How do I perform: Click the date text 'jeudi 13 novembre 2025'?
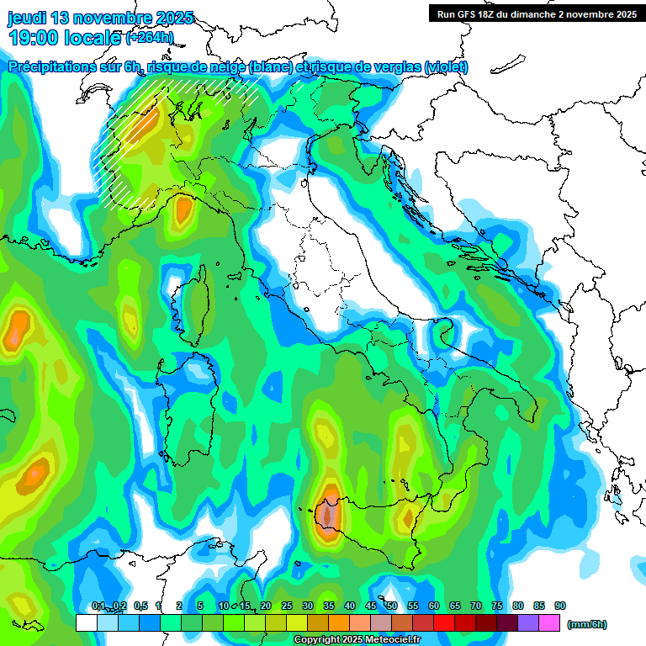point(100,18)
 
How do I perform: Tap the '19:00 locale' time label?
point(65,37)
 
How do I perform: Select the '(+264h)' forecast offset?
point(150,37)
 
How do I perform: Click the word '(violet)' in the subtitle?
point(447,66)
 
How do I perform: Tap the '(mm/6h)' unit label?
point(587,624)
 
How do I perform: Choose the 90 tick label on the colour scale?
point(560,606)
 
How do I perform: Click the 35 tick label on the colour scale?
point(329,606)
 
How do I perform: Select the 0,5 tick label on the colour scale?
point(140,606)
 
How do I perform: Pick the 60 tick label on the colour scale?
point(434,606)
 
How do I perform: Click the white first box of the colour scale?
point(86,623)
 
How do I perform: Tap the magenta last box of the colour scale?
point(549,623)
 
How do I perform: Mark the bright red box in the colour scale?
point(444,623)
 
